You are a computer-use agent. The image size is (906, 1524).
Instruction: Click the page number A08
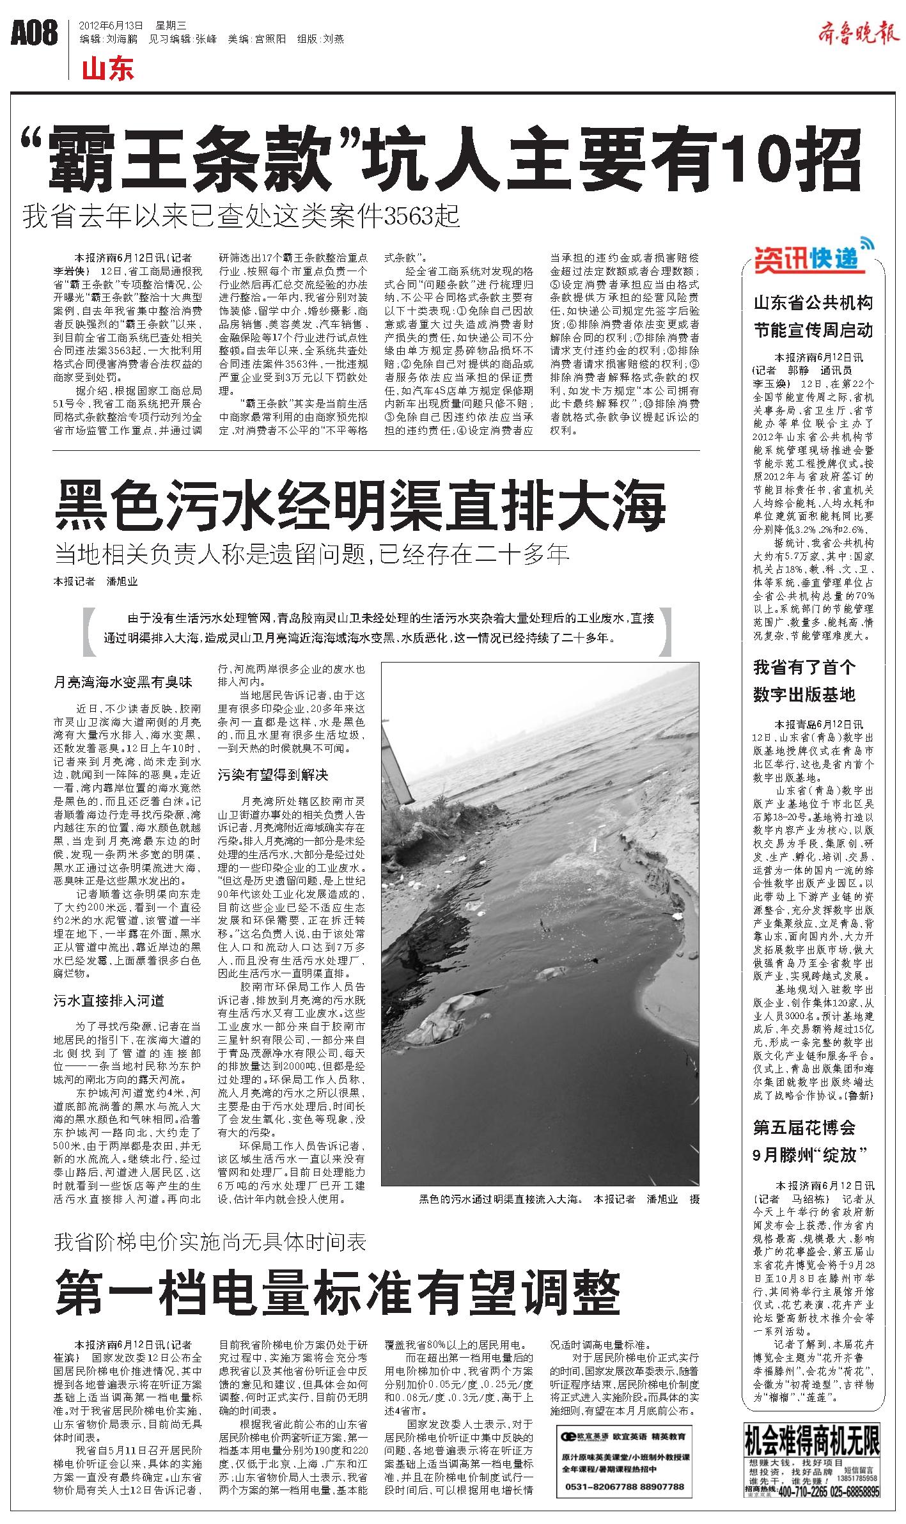(x=35, y=33)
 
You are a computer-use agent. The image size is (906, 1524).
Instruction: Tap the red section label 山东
(x=108, y=69)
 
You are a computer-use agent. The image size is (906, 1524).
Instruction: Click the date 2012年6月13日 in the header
(x=110, y=26)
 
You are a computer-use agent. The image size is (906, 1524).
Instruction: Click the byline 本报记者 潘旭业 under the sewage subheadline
(x=95, y=581)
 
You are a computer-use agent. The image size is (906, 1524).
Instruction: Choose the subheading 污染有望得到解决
(x=273, y=775)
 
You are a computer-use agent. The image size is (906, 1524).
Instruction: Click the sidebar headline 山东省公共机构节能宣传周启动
(x=813, y=316)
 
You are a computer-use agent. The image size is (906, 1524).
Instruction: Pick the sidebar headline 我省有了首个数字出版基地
(x=804, y=680)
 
